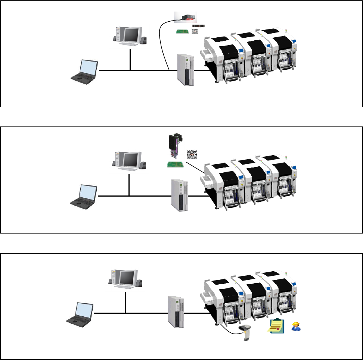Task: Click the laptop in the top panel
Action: (x=85, y=71)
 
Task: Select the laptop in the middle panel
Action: (x=84, y=195)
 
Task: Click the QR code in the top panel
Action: (x=195, y=31)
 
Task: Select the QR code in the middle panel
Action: (x=192, y=154)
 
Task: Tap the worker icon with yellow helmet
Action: (x=296, y=326)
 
